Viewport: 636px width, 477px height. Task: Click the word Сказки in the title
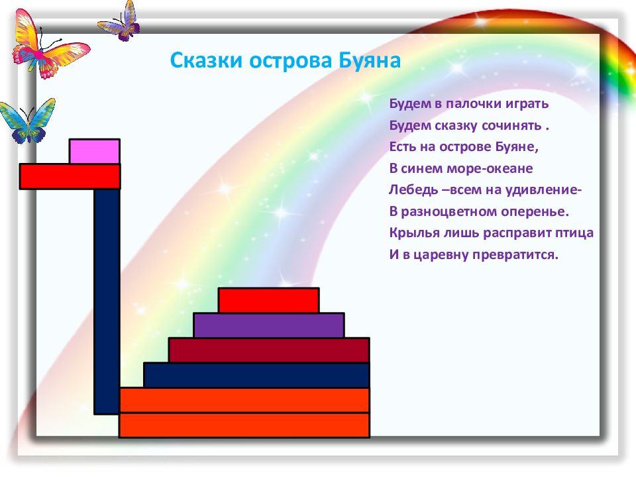coord(206,60)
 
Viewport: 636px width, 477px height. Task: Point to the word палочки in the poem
coord(473,104)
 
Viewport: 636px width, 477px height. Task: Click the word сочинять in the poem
coord(511,125)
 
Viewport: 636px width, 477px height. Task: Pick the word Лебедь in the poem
coord(413,189)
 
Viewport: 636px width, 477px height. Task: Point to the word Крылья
coord(415,233)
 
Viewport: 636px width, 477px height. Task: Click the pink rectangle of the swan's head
coord(95,151)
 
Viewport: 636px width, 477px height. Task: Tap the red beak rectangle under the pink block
coord(70,176)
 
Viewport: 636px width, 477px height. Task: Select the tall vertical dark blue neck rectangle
coord(107,301)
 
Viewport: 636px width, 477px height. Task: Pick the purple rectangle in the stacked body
coord(269,325)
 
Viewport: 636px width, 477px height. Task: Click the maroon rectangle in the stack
coord(269,350)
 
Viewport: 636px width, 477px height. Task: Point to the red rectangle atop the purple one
coord(268,300)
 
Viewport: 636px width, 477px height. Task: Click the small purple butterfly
coord(119,23)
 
